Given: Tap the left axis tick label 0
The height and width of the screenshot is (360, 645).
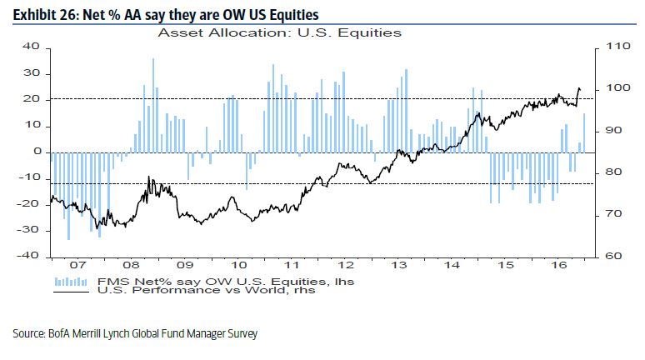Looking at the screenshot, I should click(37, 152).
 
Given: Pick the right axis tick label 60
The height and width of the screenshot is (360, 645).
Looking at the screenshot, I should click(611, 256).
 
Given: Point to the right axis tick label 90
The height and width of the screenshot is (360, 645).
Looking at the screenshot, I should click(611, 131).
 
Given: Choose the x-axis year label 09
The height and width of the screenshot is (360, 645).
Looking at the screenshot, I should click(184, 267).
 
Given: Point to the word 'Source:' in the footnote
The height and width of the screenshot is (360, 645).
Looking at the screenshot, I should click(30, 334).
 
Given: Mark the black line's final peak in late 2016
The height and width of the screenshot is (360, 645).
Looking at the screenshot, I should click(579, 88).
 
